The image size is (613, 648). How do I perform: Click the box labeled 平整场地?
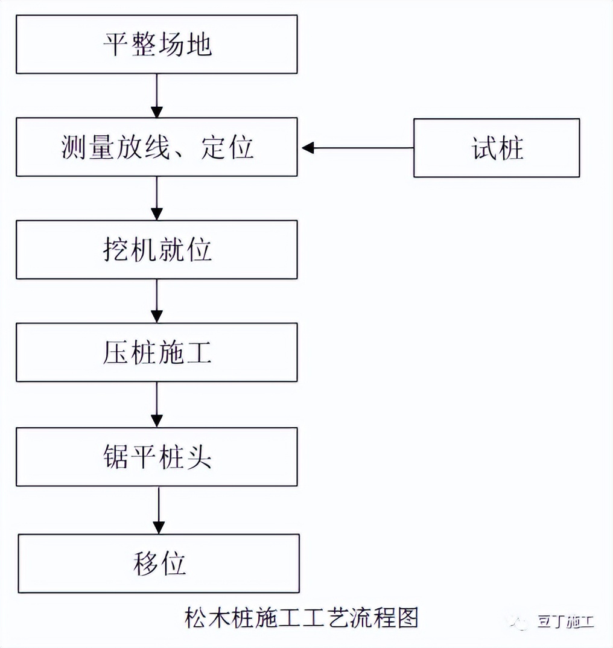(x=156, y=45)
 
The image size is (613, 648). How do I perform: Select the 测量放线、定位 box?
(x=156, y=147)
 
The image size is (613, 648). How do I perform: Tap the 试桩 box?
(x=497, y=148)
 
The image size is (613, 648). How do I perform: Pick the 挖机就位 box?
(x=156, y=250)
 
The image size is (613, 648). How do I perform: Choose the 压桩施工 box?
(x=156, y=352)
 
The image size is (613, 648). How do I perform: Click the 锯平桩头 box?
(x=156, y=457)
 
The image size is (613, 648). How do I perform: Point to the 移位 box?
(x=159, y=563)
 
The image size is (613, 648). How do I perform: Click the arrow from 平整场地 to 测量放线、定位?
(x=157, y=95)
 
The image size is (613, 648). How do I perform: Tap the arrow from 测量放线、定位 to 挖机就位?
(x=157, y=198)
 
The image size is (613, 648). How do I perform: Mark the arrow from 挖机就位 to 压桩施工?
(x=157, y=300)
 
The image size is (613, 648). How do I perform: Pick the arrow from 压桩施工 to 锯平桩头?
(x=157, y=404)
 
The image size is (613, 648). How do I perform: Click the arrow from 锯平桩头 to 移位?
(x=159, y=510)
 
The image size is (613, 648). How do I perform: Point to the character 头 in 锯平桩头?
(x=199, y=457)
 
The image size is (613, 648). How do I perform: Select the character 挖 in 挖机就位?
(x=115, y=250)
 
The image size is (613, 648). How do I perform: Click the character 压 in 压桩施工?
(x=115, y=353)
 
